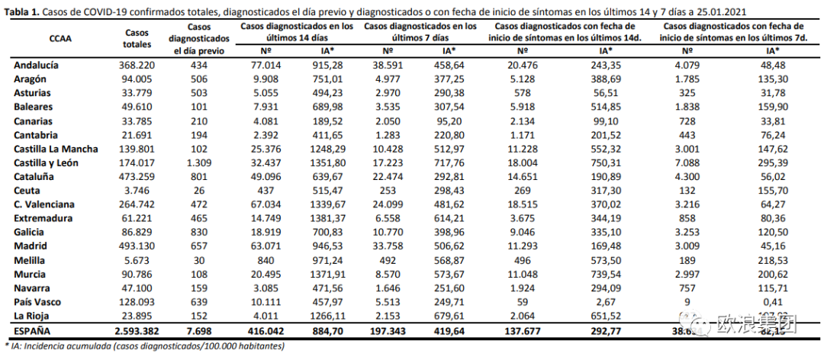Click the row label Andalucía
coord(36,66)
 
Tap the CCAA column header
coord(60,37)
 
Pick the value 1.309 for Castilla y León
coord(198,163)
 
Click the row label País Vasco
coord(39,302)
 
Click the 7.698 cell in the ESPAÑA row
coord(198,331)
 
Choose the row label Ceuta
coord(27,191)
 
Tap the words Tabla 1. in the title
coord(21,11)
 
